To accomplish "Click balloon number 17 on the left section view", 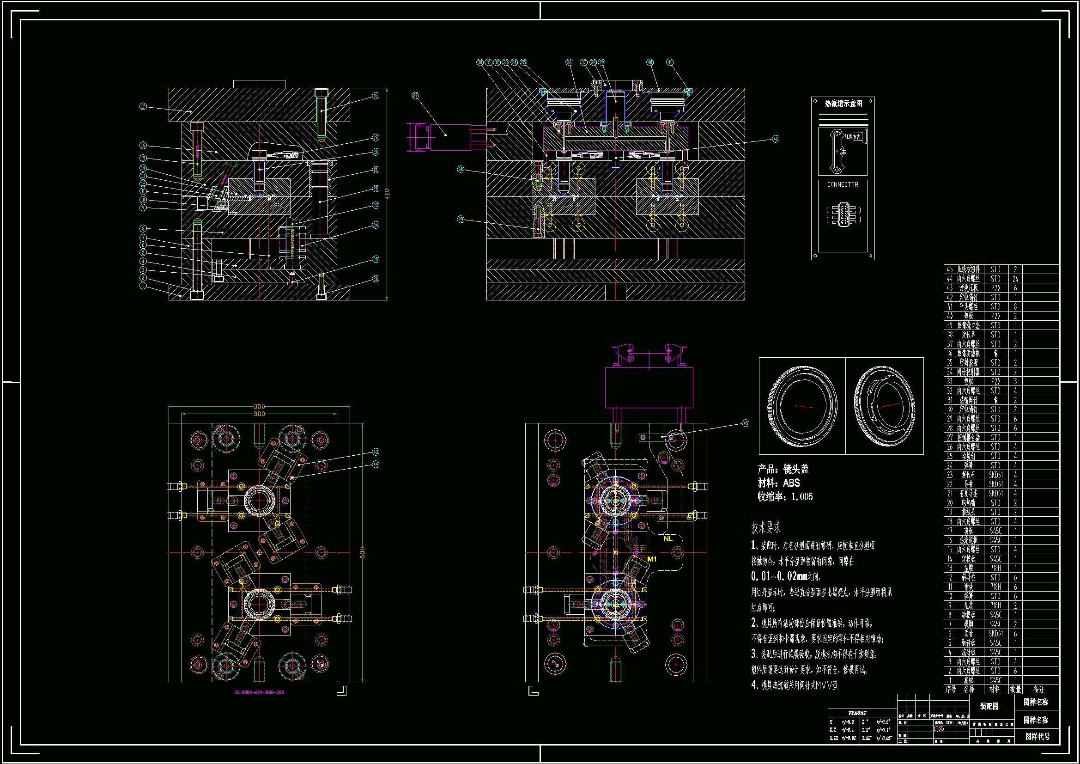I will point(143,107).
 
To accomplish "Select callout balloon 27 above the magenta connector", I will point(415,96).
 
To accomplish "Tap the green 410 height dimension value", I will point(387,194).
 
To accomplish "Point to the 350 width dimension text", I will point(259,406).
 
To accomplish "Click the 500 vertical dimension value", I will point(362,553).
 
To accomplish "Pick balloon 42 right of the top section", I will point(776,139).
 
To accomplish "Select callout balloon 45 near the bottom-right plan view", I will point(746,423).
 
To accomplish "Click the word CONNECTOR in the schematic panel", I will point(843,185).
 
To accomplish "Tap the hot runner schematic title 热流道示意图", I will point(843,104).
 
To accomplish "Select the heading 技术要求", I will point(766,528).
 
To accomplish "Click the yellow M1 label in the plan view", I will point(651,559).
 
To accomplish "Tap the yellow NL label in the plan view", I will point(668,539).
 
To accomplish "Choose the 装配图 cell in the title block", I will point(989,706).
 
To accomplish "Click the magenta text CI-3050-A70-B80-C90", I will point(259,692).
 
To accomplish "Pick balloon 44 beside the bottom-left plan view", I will point(376,465).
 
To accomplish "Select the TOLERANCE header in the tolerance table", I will point(857,713).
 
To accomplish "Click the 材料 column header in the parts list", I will point(995,690).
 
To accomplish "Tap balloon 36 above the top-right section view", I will point(569,62).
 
